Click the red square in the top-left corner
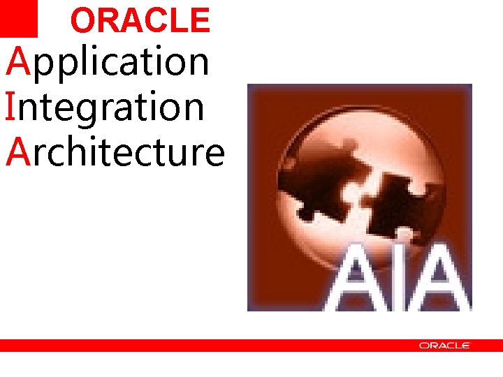click(x=19, y=18)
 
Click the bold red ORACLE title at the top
click(x=140, y=21)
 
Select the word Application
click(x=108, y=61)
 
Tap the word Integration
click(x=105, y=108)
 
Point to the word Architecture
click(x=115, y=152)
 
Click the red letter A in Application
click(x=17, y=61)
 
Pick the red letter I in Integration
click(x=10, y=107)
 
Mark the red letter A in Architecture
click(x=17, y=152)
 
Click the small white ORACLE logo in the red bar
click(x=445, y=346)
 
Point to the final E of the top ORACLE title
click(x=199, y=21)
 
